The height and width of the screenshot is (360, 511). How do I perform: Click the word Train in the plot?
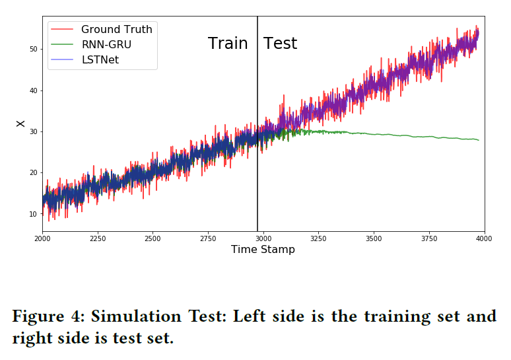click(228, 44)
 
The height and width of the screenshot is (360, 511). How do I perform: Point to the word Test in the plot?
click(280, 44)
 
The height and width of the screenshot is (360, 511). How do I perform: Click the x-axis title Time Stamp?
click(263, 250)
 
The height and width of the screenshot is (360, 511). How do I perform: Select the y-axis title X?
click(20, 124)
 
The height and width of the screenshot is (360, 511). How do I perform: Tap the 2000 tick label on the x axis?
click(42, 238)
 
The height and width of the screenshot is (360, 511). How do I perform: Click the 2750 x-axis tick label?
click(208, 238)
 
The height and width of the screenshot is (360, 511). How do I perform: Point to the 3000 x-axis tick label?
click(263, 238)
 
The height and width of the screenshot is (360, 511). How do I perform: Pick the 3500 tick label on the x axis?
click(374, 238)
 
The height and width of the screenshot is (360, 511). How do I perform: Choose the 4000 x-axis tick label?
click(484, 238)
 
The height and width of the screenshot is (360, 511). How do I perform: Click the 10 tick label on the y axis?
click(32, 214)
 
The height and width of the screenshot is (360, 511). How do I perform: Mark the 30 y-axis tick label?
click(32, 131)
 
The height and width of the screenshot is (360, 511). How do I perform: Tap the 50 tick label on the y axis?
click(32, 49)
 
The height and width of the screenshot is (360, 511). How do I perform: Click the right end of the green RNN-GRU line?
click(478, 140)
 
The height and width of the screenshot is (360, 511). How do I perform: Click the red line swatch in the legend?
click(61, 30)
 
